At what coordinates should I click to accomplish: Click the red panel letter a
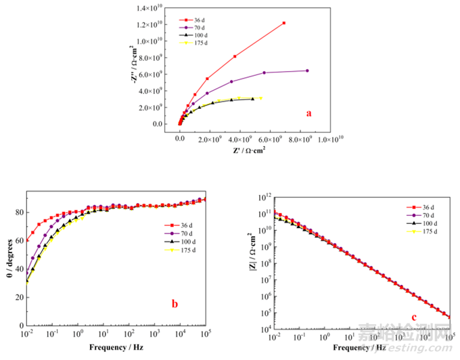(x=309, y=113)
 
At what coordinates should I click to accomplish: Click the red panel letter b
(x=175, y=304)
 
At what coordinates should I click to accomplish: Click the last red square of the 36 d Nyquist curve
(x=284, y=23)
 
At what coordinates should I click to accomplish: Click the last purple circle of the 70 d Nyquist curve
(x=307, y=70)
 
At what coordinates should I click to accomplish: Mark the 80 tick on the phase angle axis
(x=20, y=213)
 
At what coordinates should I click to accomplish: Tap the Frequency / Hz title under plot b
(x=118, y=348)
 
